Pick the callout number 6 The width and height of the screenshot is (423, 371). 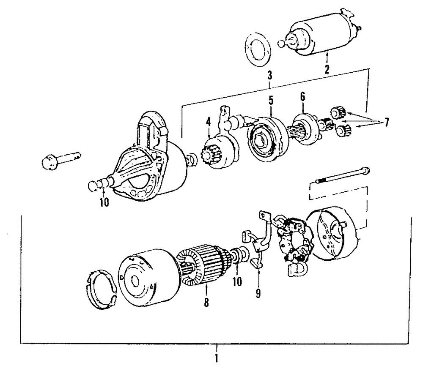pyautogui.click(x=302, y=97)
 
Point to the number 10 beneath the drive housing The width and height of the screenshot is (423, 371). pyautogui.click(x=104, y=202)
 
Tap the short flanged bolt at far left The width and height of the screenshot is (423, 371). pyautogui.click(x=60, y=161)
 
